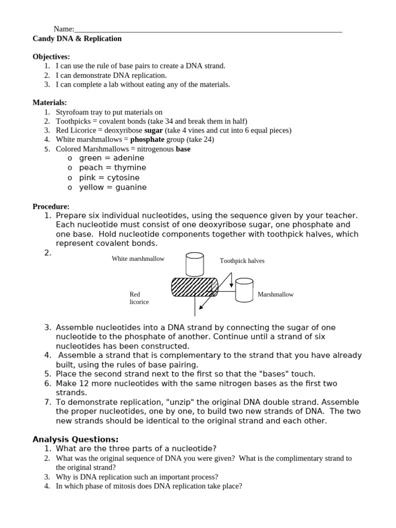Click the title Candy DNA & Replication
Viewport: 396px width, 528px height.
pyautogui.click(x=77, y=39)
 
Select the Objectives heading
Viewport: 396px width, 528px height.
pyautogui.click(x=51, y=57)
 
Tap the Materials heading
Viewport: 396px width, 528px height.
pyautogui.click(x=49, y=103)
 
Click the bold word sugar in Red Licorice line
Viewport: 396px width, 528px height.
pyautogui.click(x=153, y=130)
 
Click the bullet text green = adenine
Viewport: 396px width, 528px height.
pyautogui.click(x=111, y=158)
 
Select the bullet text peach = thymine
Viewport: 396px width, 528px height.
pyautogui.click(x=112, y=168)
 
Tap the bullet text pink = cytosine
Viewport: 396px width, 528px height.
pyautogui.click(x=109, y=178)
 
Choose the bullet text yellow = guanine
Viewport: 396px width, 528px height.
pyautogui.click(x=112, y=188)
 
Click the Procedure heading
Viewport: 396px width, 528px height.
pyautogui.click(x=51, y=206)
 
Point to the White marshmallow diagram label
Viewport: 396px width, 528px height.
pyautogui.click(x=138, y=259)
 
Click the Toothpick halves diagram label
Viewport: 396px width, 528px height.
pyautogui.click(x=242, y=261)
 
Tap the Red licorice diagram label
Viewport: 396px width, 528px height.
pyautogui.click(x=139, y=298)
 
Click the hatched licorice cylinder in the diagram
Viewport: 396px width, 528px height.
pyautogui.click(x=194, y=287)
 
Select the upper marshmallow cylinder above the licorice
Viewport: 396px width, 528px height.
pyautogui.click(x=195, y=263)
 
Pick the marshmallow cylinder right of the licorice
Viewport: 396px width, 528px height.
pyautogui.click(x=244, y=290)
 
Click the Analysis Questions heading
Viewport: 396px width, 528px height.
pyautogui.click(x=75, y=439)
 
